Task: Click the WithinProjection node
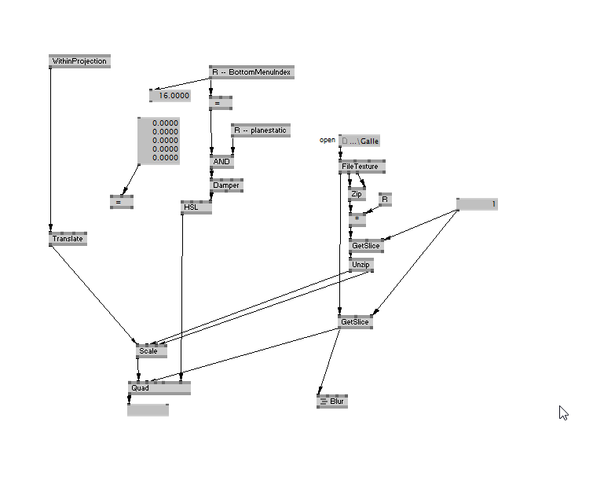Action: [x=79, y=61]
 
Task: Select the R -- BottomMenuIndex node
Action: [x=251, y=72]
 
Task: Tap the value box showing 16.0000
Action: [x=170, y=96]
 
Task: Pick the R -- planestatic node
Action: [x=260, y=130]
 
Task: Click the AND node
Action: [x=222, y=162]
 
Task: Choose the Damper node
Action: [x=226, y=185]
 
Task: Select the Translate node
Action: [x=68, y=239]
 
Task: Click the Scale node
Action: [x=151, y=351]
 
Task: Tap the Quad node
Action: [x=159, y=387]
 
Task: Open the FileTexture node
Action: [x=361, y=167]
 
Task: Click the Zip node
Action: [x=357, y=193]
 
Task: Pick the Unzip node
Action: [x=361, y=266]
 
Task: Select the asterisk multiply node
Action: [x=357, y=219]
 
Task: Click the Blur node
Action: [x=331, y=401]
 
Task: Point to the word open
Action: [x=327, y=140]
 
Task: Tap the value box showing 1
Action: [x=478, y=204]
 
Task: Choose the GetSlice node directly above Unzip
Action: [x=366, y=246]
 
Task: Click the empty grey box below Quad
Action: [x=148, y=409]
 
